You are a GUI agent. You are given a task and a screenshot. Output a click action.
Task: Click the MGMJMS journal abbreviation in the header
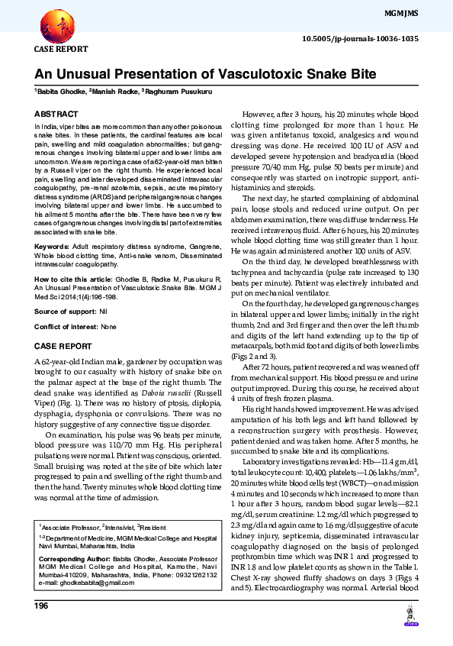coord(427,15)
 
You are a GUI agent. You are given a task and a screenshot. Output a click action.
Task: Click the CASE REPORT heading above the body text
coord(63,346)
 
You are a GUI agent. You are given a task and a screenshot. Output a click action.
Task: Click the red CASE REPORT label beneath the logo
coord(61,48)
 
